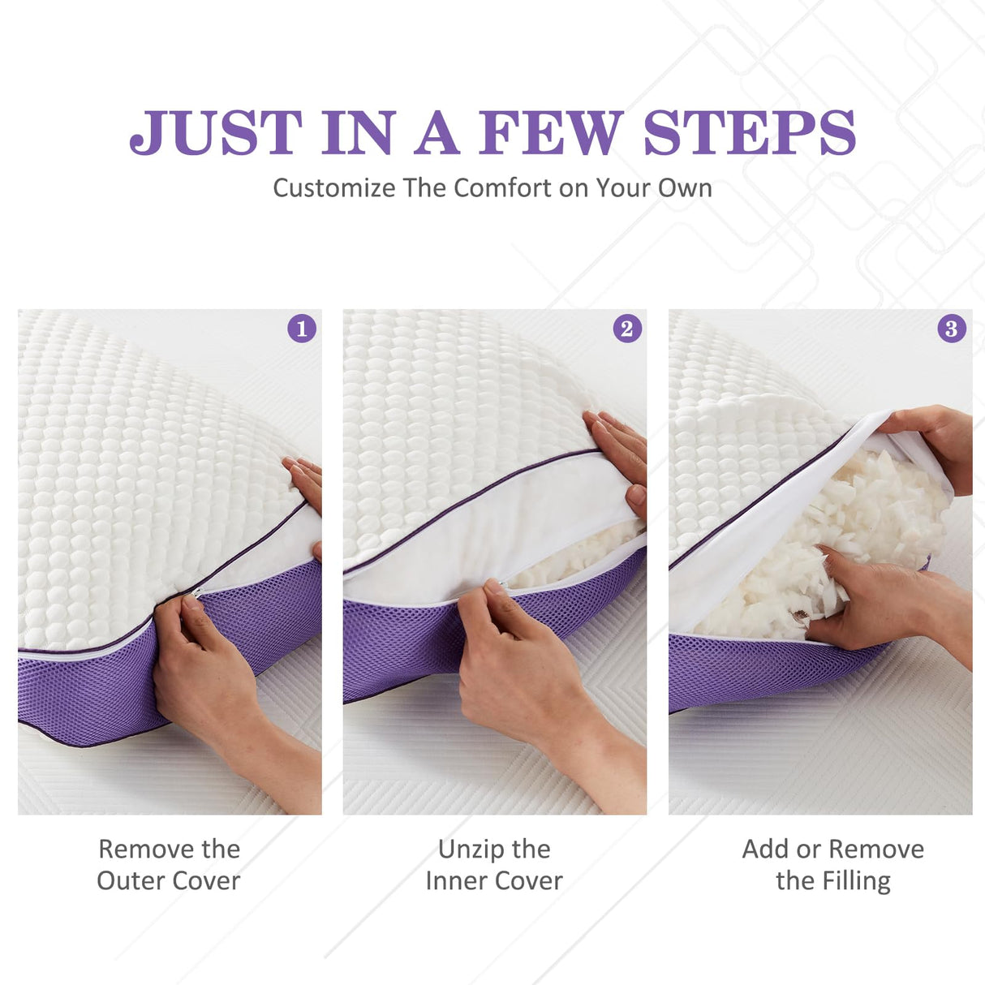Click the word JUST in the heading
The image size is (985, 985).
click(216, 132)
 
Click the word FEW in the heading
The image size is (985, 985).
click(551, 132)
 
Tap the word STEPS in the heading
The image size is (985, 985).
click(750, 132)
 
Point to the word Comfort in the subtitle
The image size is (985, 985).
click(502, 188)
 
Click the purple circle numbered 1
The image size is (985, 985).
click(302, 329)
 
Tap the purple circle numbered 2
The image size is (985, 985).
click(626, 329)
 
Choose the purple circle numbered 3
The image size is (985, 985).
click(951, 329)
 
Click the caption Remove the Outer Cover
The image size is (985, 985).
click(169, 864)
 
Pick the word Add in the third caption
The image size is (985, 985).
click(765, 850)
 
